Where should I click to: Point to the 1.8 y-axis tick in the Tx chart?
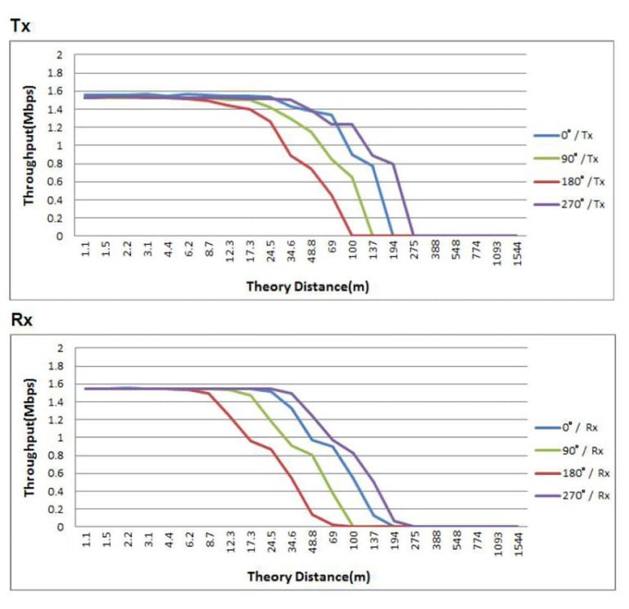(x=57, y=73)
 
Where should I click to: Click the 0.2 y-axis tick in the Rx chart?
(x=57, y=509)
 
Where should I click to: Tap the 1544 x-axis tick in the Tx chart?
(x=517, y=256)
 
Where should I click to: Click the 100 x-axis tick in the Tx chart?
(x=352, y=255)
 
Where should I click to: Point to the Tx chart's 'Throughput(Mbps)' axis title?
(x=29, y=146)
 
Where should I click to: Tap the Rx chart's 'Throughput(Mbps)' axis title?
(x=29, y=437)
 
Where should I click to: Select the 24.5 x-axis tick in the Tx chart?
(x=270, y=256)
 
